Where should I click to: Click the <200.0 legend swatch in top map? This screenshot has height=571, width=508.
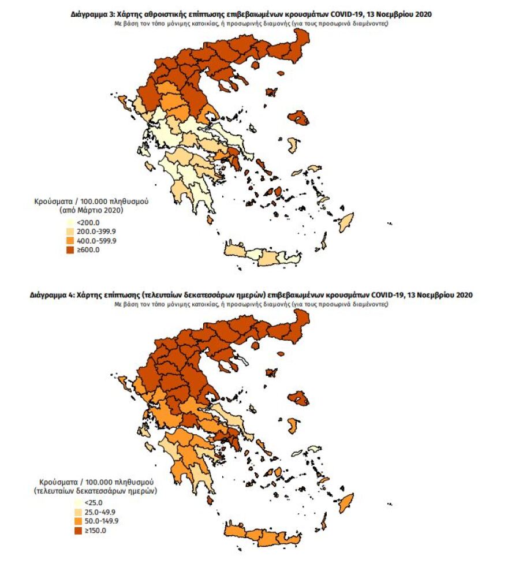pyautogui.click(x=70, y=222)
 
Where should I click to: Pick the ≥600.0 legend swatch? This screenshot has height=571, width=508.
pyautogui.click(x=70, y=249)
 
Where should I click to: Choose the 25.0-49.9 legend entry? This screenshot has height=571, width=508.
pyautogui.click(x=94, y=512)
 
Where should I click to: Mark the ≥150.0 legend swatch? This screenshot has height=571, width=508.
pyautogui.click(x=79, y=531)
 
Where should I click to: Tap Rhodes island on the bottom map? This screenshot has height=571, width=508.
pyautogui.click(x=346, y=502)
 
